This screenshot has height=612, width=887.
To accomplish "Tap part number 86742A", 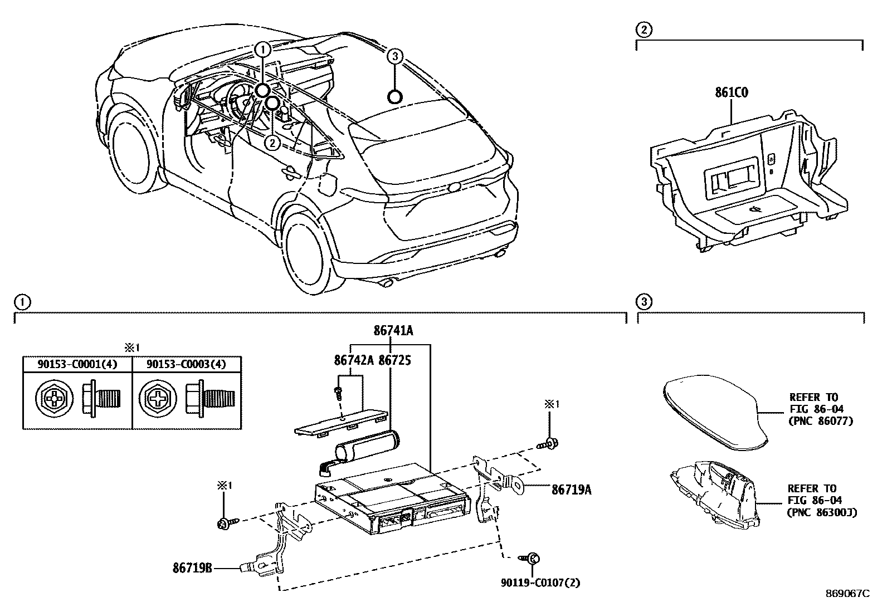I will tap(354, 360).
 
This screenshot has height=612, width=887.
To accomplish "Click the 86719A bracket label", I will tap(571, 490).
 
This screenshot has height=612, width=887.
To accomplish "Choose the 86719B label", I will tap(192, 569).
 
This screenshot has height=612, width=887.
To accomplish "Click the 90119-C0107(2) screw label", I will tap(540, 583).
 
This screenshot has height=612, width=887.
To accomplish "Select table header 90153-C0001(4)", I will tap(77, 365).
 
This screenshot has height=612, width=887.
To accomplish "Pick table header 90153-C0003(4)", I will tap(186, 365).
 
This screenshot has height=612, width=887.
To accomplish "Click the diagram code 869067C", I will tap(847, 594).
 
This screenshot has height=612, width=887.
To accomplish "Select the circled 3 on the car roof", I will tap(394, 56).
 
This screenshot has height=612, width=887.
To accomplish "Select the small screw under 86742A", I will tap(338, 391).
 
